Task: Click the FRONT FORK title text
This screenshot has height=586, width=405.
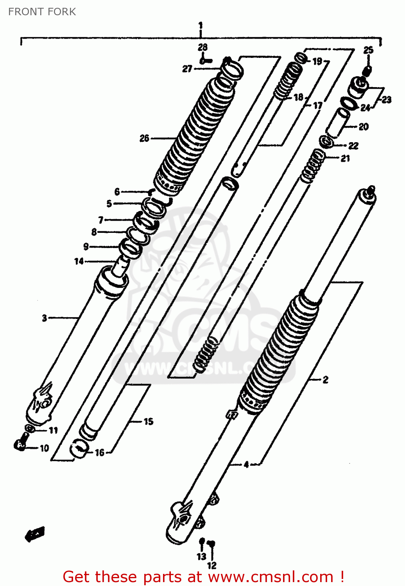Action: (42, 12)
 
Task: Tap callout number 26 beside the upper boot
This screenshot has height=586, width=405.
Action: (144, 138)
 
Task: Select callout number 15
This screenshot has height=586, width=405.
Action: (149, 422)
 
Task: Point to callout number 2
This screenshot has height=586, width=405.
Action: (325, 379)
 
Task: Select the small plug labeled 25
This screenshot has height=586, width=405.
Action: (367, 71)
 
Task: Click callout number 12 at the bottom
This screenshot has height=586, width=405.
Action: (211, 565)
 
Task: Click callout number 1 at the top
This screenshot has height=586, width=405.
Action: (201, 26)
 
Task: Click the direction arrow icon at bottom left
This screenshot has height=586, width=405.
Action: (35, 534)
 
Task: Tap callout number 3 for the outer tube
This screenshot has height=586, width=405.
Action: (45, 318)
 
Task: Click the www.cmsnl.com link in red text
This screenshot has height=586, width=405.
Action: (270, 577)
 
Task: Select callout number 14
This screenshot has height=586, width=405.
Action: (79, 261)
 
